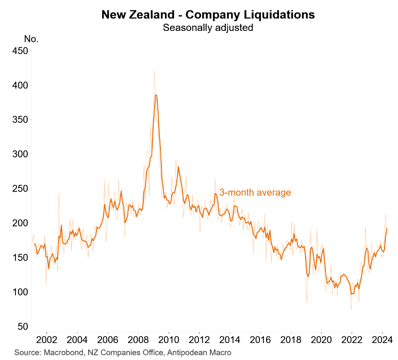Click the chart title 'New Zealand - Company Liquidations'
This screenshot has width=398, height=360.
pyautogui.click(x=208, y=14)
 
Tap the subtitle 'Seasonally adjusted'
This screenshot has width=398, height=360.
pyautogui.click(x=208, y=28)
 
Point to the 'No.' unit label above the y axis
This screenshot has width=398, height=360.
pyautogui.click(x=31, y=39)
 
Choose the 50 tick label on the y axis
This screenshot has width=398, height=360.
pyautogui.click(x=22, y=327)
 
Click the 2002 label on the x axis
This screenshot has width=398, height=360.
pyautogui.click(x=46, y=340)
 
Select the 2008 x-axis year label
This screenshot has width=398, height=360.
pyautogui.click(x=138, y=340)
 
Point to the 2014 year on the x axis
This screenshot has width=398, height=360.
pyautogui.click(x=230, y=340)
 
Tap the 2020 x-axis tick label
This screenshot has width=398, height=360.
pyautogui.click(x=322, y=340)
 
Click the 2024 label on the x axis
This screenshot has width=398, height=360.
pyautogui.click(x=383, y=340)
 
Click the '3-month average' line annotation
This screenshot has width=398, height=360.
pyautogui.click(x=255, y=193)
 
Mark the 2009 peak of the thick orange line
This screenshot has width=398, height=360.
pyautogui.click(x=156, y=95)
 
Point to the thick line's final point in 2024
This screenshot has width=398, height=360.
pyautogui.click(x=387, y=229)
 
